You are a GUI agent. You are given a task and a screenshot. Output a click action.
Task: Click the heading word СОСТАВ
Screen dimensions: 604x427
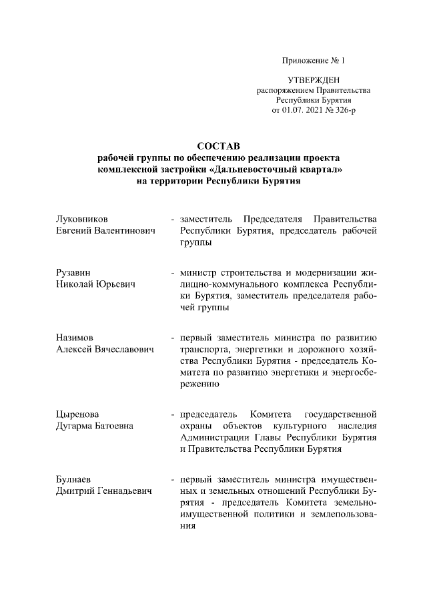[x=213, y=145]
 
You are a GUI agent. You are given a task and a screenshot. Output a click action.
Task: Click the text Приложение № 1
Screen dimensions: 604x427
[x=314, y=61]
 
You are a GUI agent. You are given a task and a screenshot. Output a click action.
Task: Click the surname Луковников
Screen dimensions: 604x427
[x=83, y=219]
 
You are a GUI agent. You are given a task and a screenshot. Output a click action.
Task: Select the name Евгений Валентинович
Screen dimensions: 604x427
[x=105, y=230]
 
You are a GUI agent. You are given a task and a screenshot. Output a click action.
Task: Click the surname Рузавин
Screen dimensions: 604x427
[x=73, y=273]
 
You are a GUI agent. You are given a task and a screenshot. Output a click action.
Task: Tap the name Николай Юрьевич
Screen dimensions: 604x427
[x=95, y=285]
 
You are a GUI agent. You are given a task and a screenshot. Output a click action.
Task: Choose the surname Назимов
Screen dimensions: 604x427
[x=75, y=338]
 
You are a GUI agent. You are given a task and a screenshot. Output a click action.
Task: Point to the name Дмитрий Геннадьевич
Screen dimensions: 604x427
[x=103, y=491]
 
